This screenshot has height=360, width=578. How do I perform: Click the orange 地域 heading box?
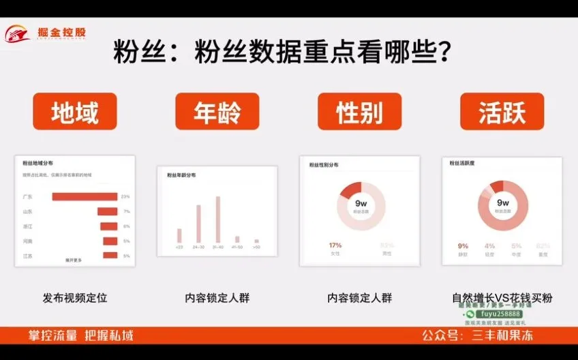point(75,112)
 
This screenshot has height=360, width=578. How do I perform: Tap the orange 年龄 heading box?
point(217,112)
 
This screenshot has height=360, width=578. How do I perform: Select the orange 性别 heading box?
point(360,112)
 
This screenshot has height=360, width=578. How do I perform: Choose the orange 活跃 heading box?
point(502,112)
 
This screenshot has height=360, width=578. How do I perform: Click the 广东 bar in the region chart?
point(85,197)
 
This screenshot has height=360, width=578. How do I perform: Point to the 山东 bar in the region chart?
point(108,211)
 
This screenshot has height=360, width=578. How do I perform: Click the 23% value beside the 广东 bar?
point(125,197)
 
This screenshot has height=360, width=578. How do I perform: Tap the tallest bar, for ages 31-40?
point(218,219)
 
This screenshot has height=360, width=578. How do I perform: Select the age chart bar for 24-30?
point(198,223)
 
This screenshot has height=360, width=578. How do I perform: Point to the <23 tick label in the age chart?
point(179,247)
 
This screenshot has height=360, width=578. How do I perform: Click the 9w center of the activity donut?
point(503,203)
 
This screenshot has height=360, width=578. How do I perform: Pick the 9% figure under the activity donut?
point(463,246)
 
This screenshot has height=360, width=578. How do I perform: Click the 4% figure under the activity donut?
point(489,246)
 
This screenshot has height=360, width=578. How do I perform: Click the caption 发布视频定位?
point(75,298)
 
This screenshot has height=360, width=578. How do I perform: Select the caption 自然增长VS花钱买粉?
point(502,298)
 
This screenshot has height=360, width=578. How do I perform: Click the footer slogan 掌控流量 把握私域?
point(80,335)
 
